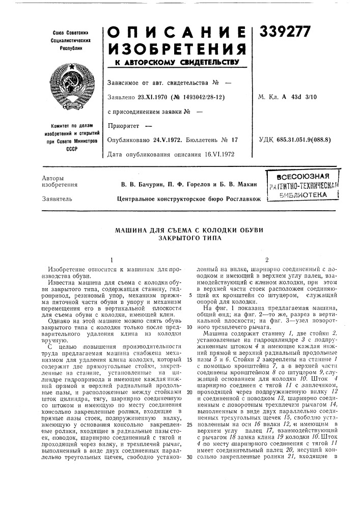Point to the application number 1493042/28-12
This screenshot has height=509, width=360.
(x=194, y=96)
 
